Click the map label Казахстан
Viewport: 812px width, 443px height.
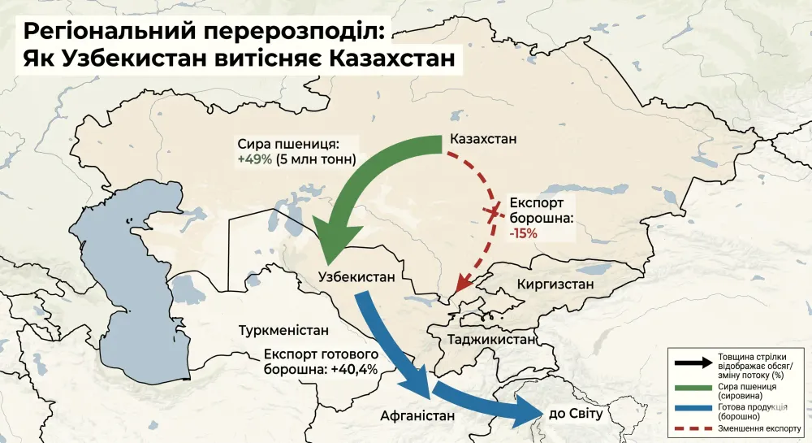pyautogui.click(x=482, y=138)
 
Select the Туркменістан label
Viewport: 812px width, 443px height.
pyautogui.click(x=284, y=331)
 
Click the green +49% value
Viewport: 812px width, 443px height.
pyautogui.click(x=254, y=159)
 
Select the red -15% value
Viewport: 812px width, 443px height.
pyautogui.click(x=523, y=233)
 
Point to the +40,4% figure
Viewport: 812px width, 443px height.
pyautogui.click(x=355, y=370)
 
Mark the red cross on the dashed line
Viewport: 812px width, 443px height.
pyautogui.click(x=491, y=212)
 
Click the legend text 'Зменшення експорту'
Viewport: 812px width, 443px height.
pyautogui.click(x=759, y=428)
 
